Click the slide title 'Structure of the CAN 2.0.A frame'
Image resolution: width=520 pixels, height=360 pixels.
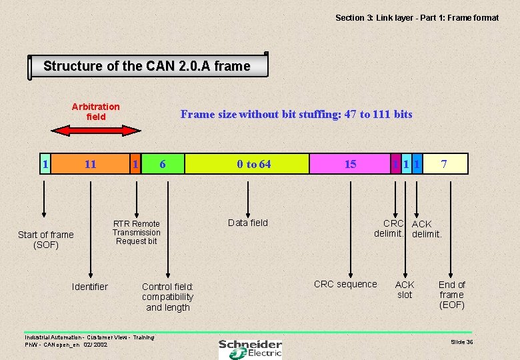pos(147,66)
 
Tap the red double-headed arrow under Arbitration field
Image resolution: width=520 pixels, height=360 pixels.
pos(97,131)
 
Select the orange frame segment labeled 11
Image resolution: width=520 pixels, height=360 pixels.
pos(90,164)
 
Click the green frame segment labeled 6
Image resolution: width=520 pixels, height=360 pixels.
pos(163,164)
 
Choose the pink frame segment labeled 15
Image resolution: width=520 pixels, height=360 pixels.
pos(350,164)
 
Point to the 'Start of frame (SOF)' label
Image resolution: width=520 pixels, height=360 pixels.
pos(46,239)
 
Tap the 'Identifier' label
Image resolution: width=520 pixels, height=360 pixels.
pos(89,287)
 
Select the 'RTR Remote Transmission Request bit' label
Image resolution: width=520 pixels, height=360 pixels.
pos(137,233)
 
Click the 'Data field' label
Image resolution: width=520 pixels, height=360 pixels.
pos(248,223)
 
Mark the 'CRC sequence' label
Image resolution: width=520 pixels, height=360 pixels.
pos(345,284)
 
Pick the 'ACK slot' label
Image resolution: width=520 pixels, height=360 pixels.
pos(405,289)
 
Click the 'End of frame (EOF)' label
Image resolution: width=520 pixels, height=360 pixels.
pos(451,295)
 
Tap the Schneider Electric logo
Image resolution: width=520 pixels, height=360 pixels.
pos(250,348)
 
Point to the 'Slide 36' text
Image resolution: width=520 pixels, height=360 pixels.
pos(462,341)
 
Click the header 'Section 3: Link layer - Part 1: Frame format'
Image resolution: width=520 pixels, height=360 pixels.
pos(417,18)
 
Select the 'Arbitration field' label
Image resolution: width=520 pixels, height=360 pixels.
pos(96,111)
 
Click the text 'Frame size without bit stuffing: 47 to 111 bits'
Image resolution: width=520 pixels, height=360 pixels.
pos(297,114)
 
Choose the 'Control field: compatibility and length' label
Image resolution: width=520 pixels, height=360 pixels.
pos(168,297)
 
